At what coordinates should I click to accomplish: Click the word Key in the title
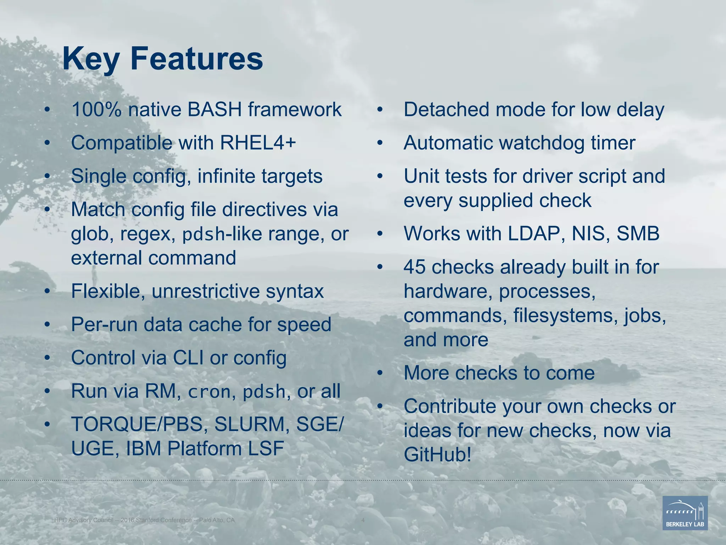tap(91, 60)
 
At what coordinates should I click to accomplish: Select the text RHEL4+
tap(258, 143)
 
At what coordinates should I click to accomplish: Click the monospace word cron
tap(209, 392)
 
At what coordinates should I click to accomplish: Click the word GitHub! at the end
tap(438, 455)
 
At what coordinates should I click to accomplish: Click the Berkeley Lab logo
tap(685, 513)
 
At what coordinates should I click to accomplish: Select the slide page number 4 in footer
tap(363, 520)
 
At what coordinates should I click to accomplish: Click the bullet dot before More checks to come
tap(380, 373)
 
